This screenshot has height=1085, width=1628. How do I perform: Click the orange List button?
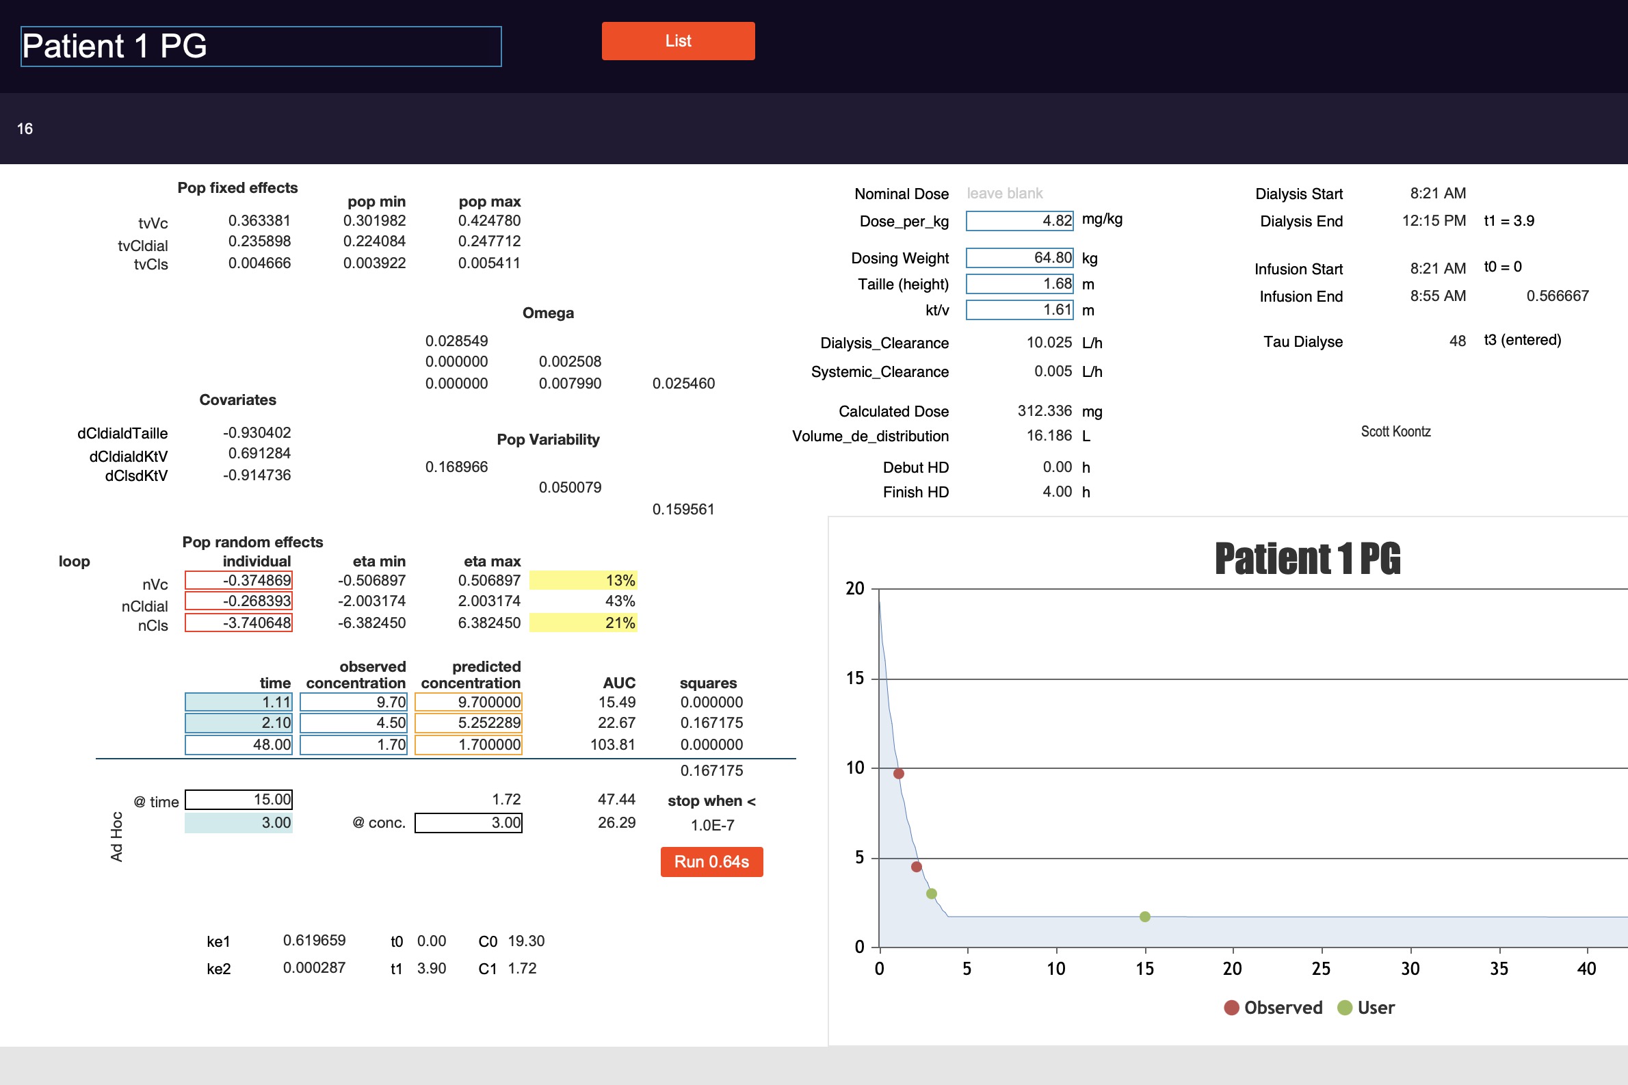click(678, 41)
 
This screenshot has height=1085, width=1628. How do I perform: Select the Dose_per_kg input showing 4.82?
click(1019, 221)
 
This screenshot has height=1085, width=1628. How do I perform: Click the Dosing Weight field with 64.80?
click(1019, 257)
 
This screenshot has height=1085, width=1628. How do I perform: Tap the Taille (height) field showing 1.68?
click(1019, 284)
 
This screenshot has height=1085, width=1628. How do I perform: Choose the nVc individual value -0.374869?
click(239, 580)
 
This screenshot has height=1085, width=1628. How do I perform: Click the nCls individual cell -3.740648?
click(239, 623)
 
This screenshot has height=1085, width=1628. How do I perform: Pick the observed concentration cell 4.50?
click(354, 722)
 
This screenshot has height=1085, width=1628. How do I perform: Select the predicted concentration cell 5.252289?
click(469, 722)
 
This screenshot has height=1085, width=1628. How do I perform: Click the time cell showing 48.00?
click(239, 744)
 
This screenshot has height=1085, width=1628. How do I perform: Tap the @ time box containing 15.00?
click(239, 799)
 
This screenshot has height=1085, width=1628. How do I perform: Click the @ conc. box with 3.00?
click(469, 823)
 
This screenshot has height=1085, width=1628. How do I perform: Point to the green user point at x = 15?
click(1145, 917)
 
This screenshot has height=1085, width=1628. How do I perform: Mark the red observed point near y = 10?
click(899, 774)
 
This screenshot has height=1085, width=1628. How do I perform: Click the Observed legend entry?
click(1273, 1008)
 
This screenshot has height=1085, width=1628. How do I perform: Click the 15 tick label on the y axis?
click(855, 678)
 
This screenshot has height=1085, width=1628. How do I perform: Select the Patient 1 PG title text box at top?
click(261, 47)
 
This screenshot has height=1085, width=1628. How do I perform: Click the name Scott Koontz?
click(1395, 431)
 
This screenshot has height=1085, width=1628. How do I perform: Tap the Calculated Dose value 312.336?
click(1045, 411)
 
